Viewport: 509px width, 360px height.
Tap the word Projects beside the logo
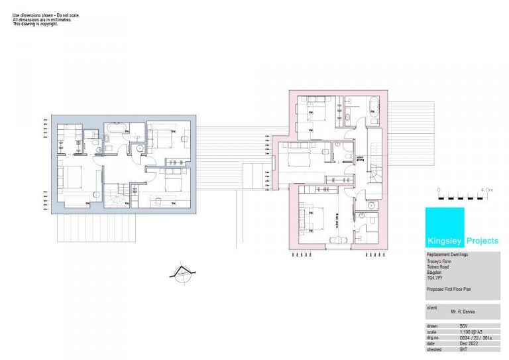[x=482, y=241]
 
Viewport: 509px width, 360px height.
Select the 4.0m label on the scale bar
[x=486, y=190]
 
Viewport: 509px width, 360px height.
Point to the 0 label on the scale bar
[x=439, y=190]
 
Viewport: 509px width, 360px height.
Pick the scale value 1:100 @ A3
[x=469, y=331]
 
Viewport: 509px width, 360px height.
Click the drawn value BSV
[x=463, y=326]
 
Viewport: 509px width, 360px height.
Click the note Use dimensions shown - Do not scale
[x=46, y=15]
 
